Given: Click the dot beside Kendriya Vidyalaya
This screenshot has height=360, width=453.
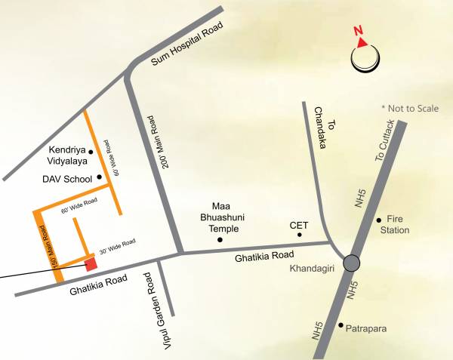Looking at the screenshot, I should (x=91, y=152).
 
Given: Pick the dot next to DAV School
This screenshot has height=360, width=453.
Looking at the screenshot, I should (x=100, y=178).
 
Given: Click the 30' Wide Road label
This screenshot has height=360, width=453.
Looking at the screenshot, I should (x=118, y=246).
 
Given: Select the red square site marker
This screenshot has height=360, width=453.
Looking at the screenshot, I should (x=91, y=263).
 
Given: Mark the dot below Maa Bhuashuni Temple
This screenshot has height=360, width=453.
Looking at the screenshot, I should (x=220, y=240).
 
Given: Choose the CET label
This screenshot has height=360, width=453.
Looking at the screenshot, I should (x=299, y=225).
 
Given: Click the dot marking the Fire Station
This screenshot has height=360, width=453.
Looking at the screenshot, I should (x=379, y=220).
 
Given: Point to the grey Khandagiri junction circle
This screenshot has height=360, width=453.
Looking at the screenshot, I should (x=351, y=263).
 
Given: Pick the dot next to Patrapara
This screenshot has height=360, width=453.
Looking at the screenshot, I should (x=341, y=327).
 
